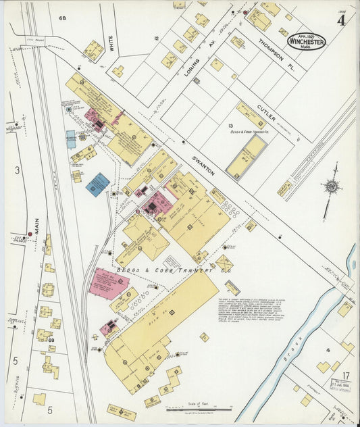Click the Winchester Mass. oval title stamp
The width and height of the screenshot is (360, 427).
point(306,42)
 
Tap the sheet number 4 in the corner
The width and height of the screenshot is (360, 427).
point(342,20)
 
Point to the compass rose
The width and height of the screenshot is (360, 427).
point(332,186)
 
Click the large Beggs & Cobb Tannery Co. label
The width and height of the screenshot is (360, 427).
point(174,270)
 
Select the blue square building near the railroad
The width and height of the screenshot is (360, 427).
point(97,184)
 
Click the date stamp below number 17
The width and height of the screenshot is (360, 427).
point(340,385)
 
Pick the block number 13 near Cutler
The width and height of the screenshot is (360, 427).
point(230,126)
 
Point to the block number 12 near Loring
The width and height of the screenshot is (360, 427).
point(155,39)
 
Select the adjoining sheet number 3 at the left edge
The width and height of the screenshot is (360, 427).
point(17,170)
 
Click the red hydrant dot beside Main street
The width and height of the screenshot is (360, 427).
point(30,234)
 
